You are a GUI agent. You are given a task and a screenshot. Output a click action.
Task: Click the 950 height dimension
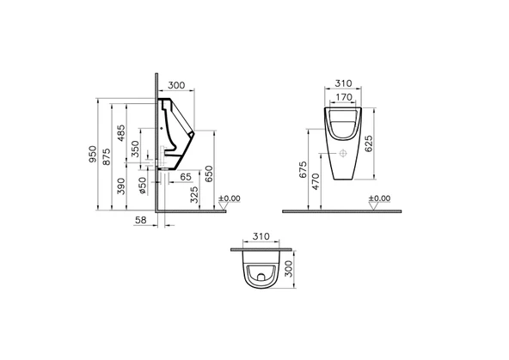(x=93, y=154)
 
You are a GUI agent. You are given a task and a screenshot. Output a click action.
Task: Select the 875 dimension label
(x=107, y=157)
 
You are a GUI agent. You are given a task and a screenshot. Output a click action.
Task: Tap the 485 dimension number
(x=120, y=133)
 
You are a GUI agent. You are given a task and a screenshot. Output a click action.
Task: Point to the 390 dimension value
(x=120, y=186)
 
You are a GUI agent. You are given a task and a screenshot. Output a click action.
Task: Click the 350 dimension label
(x=135, y=149)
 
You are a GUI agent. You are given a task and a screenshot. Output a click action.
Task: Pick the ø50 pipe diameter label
(x=143, y=186)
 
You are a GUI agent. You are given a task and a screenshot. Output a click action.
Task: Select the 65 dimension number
(x=186, y=177)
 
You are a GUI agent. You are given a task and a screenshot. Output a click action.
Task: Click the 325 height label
(x=194, y=194)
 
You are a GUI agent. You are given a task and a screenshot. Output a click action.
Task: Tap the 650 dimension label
(x=210, y=174)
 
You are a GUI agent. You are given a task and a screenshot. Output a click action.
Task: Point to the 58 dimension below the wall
(x=140, y=220)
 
